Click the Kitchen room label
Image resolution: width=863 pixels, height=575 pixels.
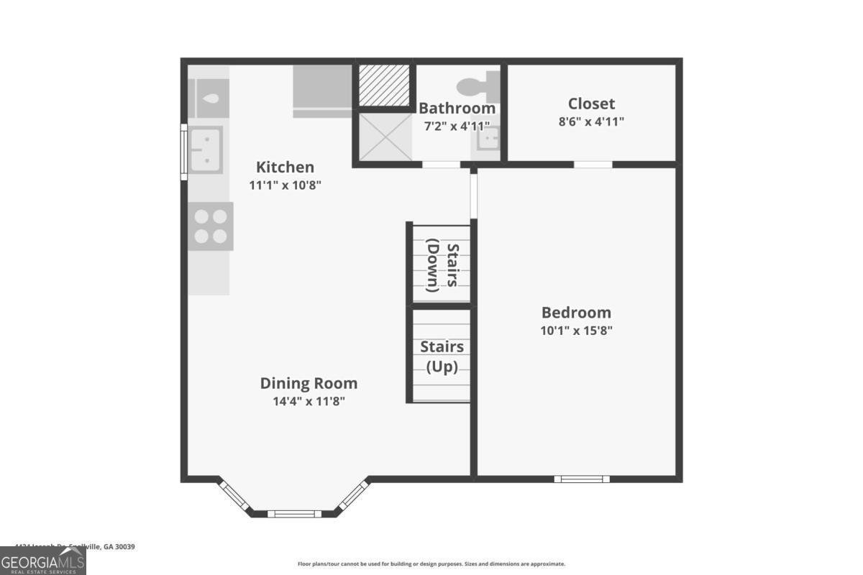coord(285,167)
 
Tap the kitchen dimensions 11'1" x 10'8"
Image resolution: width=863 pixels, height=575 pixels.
coord(285,185)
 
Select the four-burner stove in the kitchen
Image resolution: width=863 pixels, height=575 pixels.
coord(211,226)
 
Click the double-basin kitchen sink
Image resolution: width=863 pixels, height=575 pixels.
coord(205,149)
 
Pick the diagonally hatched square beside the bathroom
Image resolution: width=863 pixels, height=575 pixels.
coord(384,85)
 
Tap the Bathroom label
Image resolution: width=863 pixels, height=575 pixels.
coord(457,109)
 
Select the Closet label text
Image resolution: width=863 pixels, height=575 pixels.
coord(591,103)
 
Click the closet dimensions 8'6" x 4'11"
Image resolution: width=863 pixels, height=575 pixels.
coord(591,121)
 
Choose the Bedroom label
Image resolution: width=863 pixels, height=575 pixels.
coord(576,313)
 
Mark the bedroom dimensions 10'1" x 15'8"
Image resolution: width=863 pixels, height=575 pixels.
coord(576,331)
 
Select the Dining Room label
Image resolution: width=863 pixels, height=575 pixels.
coord(309,384)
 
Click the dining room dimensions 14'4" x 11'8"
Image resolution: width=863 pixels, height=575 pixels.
coord(309,401)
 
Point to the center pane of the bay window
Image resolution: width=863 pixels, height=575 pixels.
coord(295,513)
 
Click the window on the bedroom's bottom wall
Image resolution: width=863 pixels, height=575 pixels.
coord(582,479)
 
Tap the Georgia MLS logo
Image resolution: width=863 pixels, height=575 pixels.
coord(43,561)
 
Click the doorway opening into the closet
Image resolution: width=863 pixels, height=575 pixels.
coord(593,165)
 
